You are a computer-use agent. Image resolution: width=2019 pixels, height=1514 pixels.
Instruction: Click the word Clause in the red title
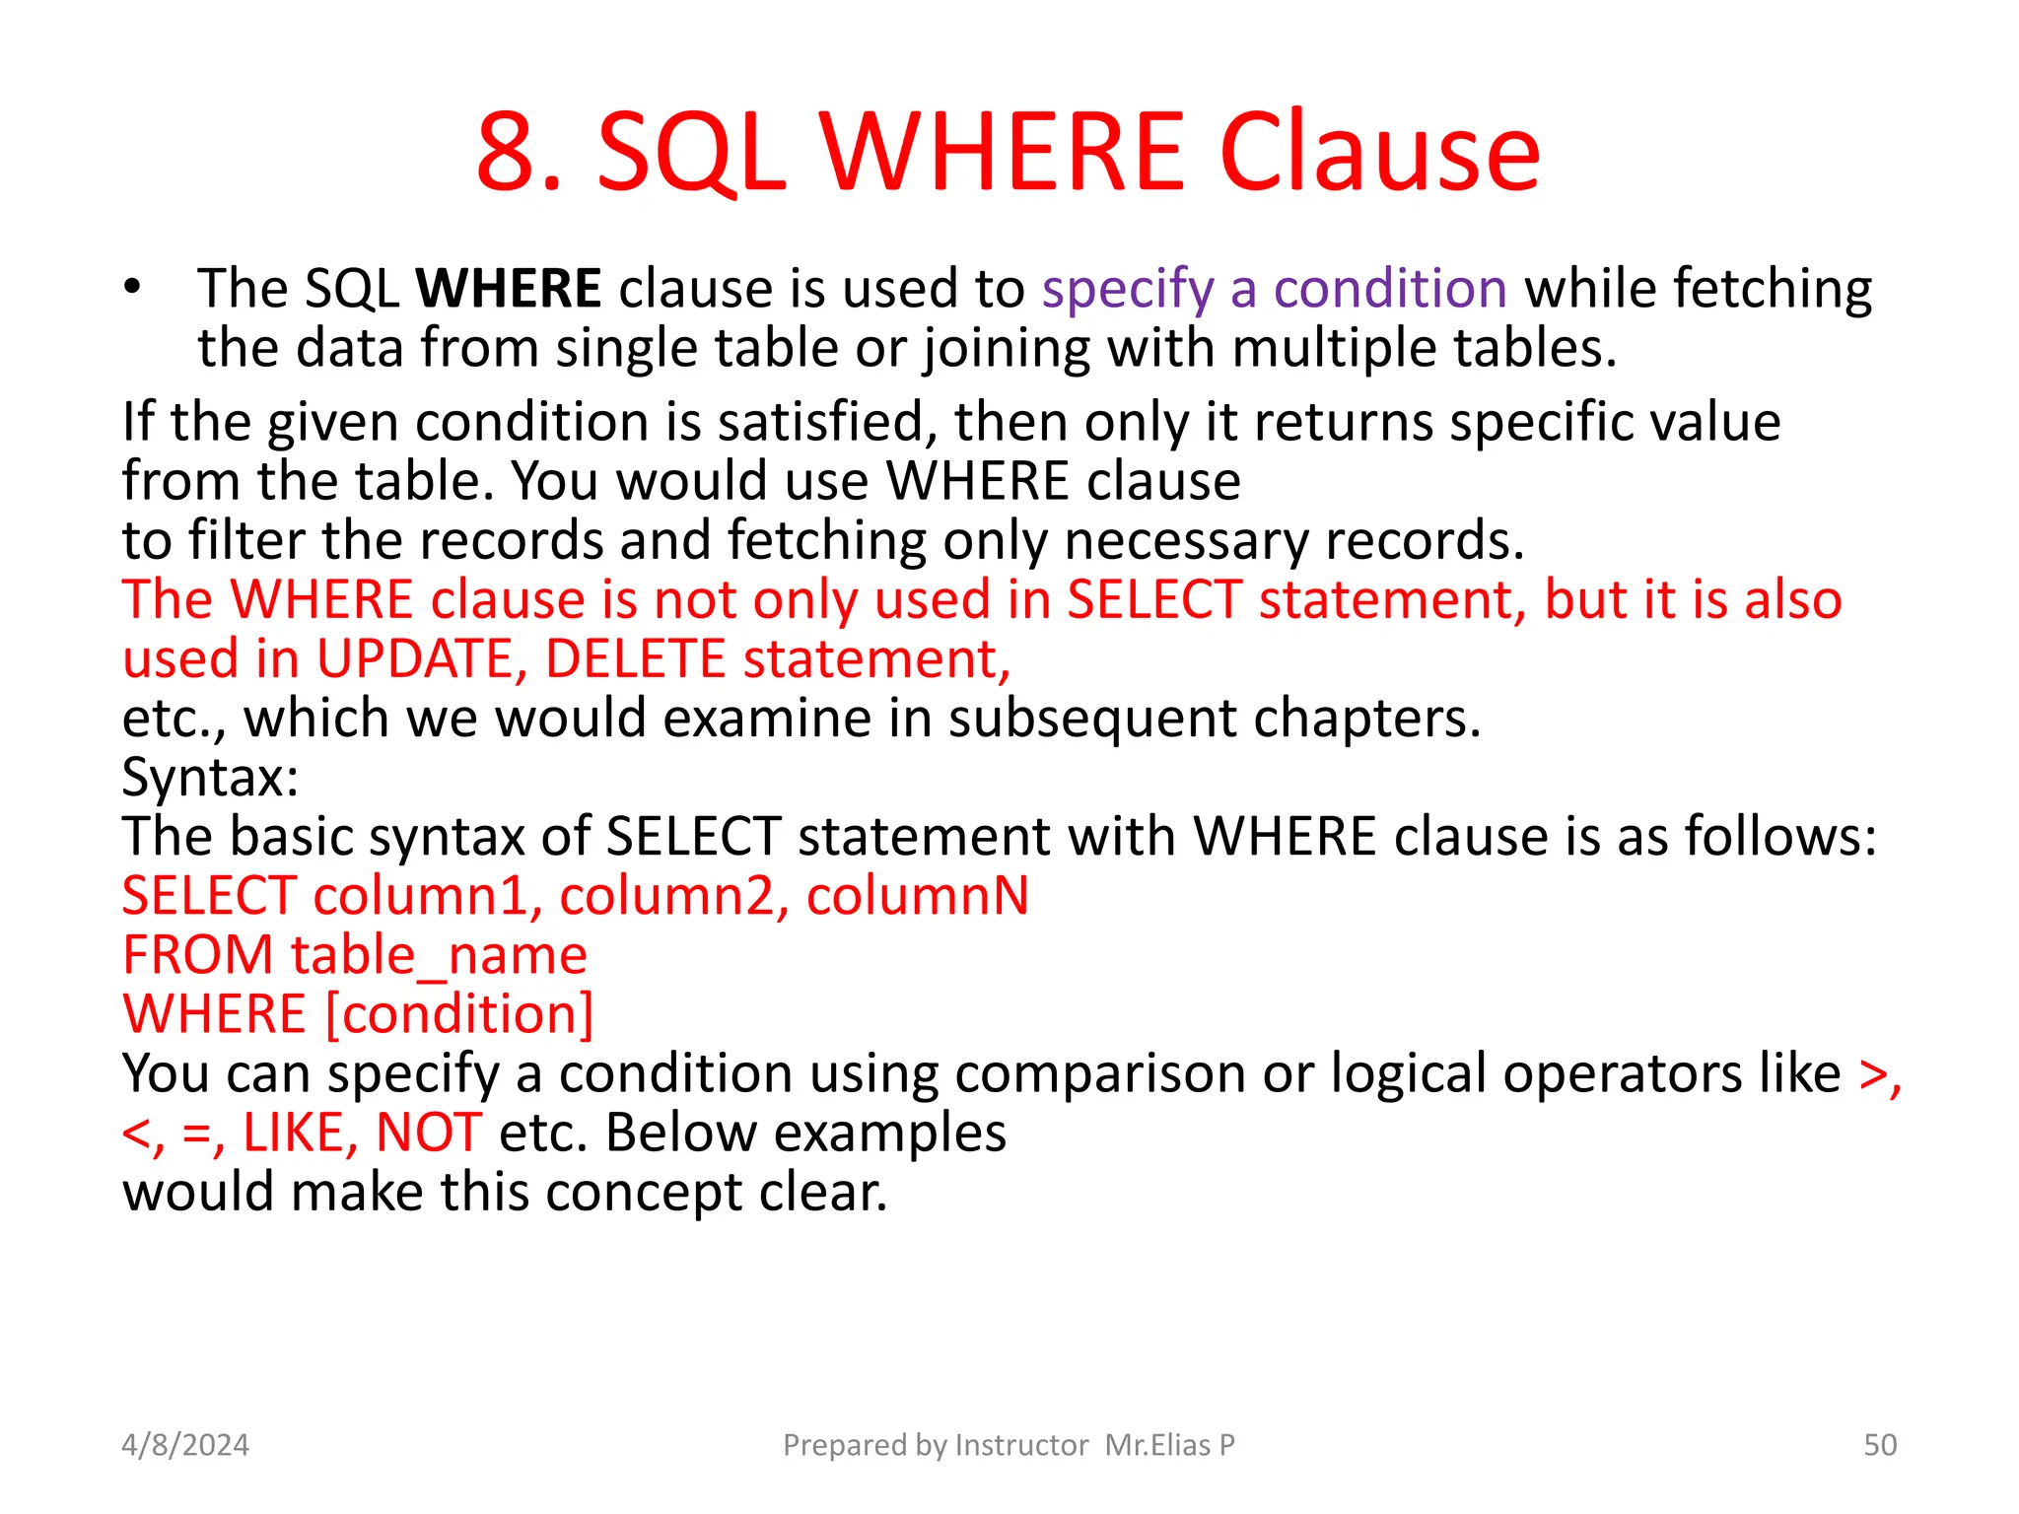point(1379,154)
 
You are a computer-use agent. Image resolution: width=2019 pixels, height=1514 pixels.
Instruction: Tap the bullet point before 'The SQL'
point(133,288)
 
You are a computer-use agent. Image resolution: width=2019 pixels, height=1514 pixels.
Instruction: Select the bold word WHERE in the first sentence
point(508,288)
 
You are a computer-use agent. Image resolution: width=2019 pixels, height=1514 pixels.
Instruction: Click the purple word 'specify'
point(1128,290)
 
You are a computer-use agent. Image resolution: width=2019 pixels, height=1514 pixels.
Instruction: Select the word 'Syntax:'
point(210,778)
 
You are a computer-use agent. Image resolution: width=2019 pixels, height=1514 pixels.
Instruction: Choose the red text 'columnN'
point(917,896)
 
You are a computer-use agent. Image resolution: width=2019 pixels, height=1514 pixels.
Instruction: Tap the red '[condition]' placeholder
point(459,1014)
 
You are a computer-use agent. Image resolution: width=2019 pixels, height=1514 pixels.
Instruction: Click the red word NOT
point(429,1133)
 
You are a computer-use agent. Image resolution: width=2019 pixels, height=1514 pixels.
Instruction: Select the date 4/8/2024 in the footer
point(185,1445)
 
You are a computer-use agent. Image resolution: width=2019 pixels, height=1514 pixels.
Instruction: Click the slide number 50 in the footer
point(1880,1445)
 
